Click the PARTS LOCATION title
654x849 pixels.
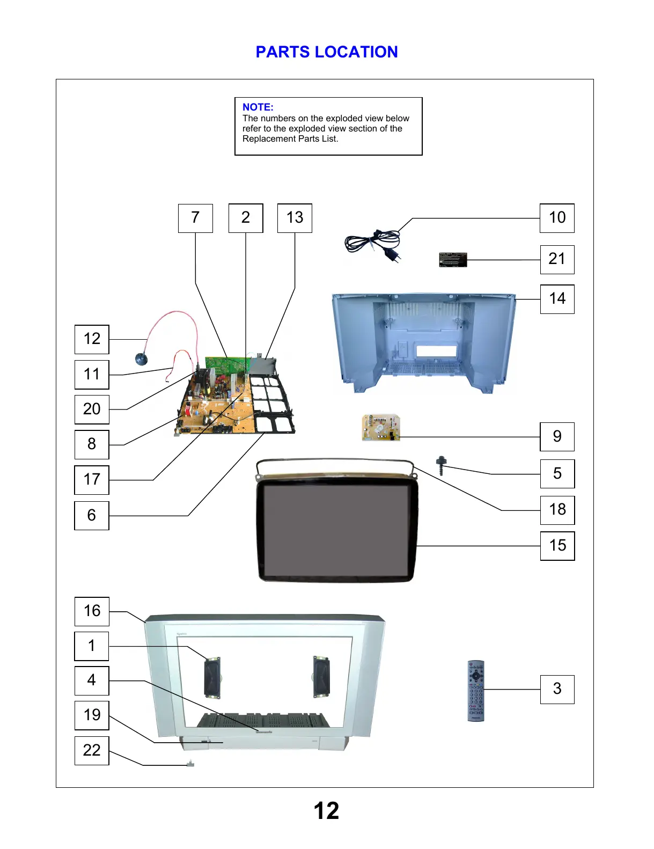(326, 52)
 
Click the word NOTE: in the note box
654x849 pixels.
(258, 107)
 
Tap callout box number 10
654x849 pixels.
(557, 218)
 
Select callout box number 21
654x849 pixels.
(557, 259)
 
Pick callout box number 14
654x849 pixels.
(557, 299)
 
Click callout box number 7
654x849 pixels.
(195, 218)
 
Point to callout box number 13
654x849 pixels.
(295, 218)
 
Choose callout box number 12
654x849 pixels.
(92, 339)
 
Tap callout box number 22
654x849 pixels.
(92, 750)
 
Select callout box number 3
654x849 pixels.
(557, 689)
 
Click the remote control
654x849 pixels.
(475, 691)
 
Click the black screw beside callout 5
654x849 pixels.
(441, 465)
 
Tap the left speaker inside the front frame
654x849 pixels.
(212, 677)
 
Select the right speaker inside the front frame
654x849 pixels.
(321, 677)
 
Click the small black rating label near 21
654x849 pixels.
(453, 260)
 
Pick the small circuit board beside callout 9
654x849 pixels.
(381, 427)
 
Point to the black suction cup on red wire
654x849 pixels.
(142, 359)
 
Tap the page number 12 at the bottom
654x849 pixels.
(326, 810)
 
